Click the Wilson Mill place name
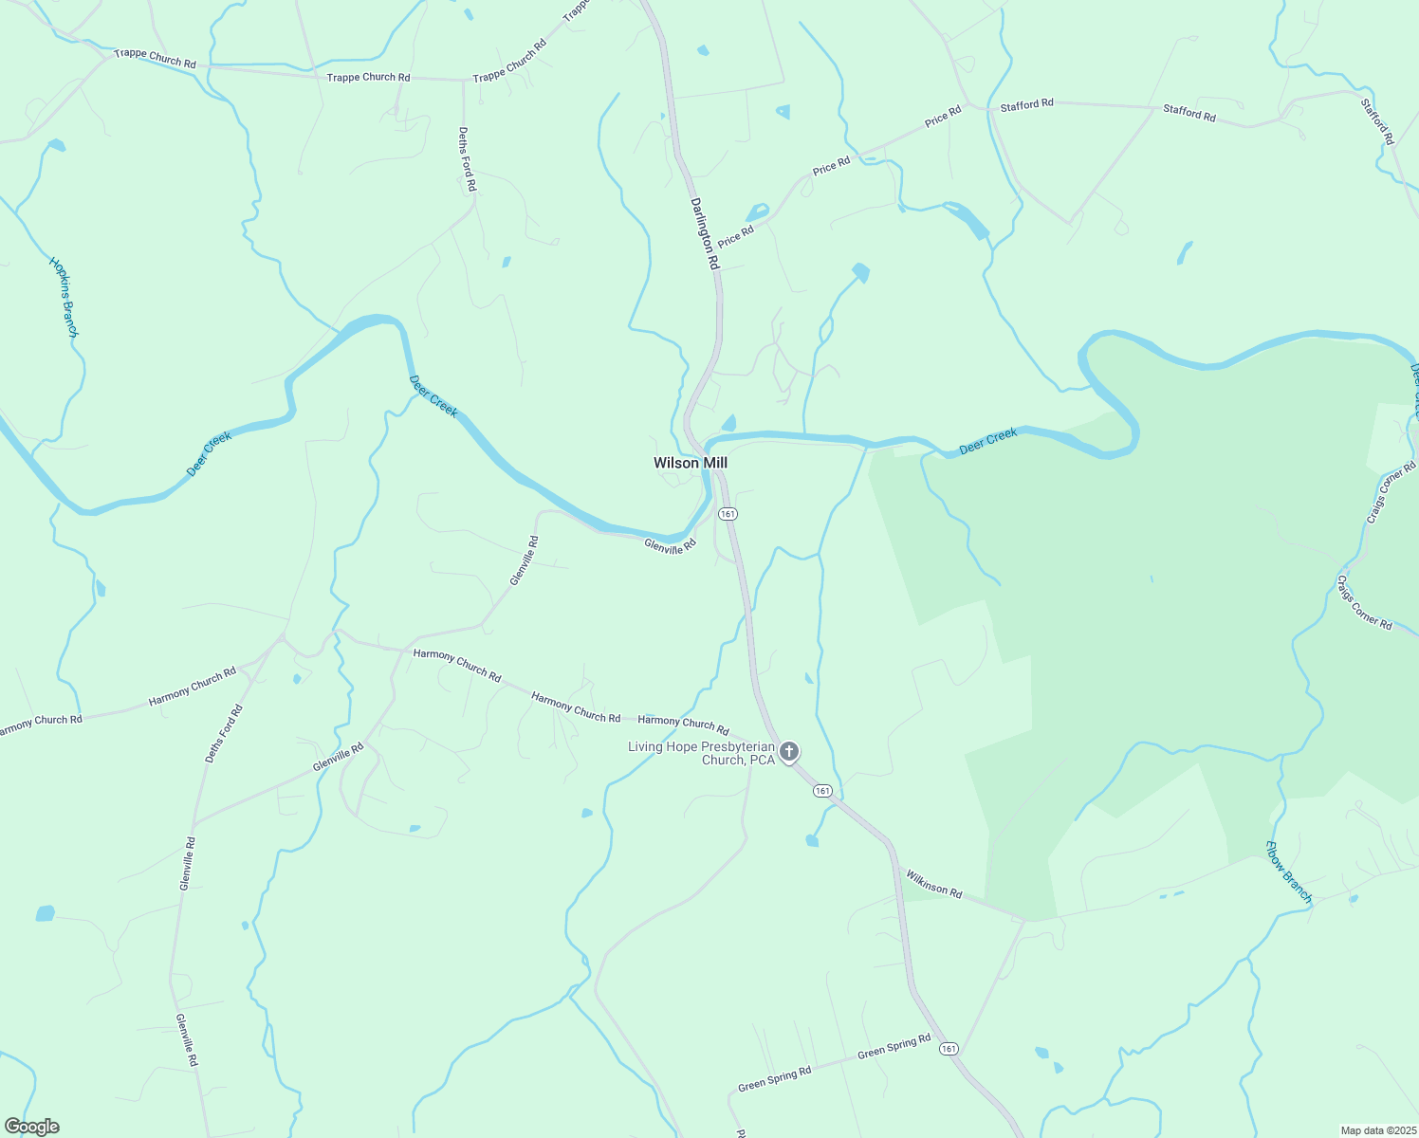pos(690,463)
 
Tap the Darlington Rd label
pos(704,233)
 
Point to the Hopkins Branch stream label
pos(64,296)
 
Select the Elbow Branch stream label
pos(1289,872)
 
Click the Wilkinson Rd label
pos(933,883)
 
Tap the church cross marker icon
pos(789,753)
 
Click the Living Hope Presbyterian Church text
pos(702,753)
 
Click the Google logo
pos(31,1127)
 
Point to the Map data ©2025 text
pos(1377,1130)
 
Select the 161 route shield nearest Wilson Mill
pos(728,513)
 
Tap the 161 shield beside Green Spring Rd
pos(949,1049)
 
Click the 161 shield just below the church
pos(822,791)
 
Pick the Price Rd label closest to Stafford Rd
pos(943,117)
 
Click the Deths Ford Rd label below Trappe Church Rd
pos(466,159)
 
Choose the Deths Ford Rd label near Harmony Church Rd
pos(224,733)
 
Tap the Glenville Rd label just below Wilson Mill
pos(670,545)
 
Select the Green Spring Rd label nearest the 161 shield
pos(894,1047)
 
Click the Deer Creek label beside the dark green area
pos(987,441)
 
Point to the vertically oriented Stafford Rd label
pos(1377,121)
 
